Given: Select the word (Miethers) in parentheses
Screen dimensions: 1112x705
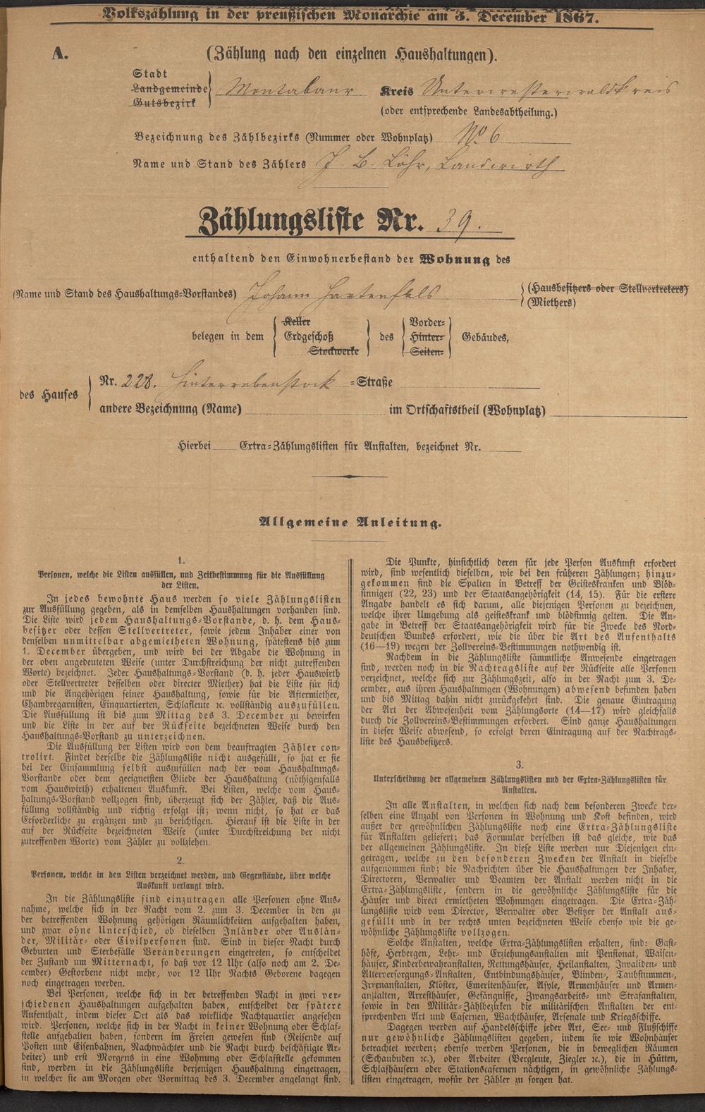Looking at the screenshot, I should click(551, 303).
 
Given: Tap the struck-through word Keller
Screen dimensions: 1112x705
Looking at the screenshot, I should click(297, 322).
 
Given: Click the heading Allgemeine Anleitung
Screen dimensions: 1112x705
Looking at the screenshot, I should click(352, 523).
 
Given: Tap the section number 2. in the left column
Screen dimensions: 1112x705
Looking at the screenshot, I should click(180, 859).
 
